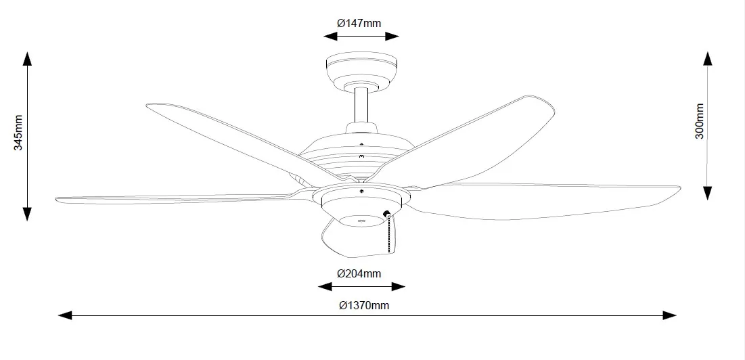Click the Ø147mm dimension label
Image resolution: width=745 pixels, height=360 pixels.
point(359,23)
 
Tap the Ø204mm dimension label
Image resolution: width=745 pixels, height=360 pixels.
point(359,273)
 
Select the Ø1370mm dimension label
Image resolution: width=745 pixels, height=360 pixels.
point(364,305)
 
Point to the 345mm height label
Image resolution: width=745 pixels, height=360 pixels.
point(18,133)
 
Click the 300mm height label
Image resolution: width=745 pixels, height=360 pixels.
point(700,121)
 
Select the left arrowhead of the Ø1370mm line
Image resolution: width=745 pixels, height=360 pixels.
point(65,315)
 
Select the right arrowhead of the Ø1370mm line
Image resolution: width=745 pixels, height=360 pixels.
point(669,315)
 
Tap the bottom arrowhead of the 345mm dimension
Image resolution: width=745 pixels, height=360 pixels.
point(28,214)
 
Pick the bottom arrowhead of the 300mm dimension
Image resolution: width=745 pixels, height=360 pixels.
point(708,193)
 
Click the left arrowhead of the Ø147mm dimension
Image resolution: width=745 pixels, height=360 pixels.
point(330,36)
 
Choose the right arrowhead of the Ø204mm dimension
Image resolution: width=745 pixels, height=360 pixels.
point(398,286)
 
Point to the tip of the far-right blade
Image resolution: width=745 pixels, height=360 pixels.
point(680,189)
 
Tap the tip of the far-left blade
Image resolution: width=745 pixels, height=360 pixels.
point(57,200)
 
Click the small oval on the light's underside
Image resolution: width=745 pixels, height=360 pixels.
point(361,221)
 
